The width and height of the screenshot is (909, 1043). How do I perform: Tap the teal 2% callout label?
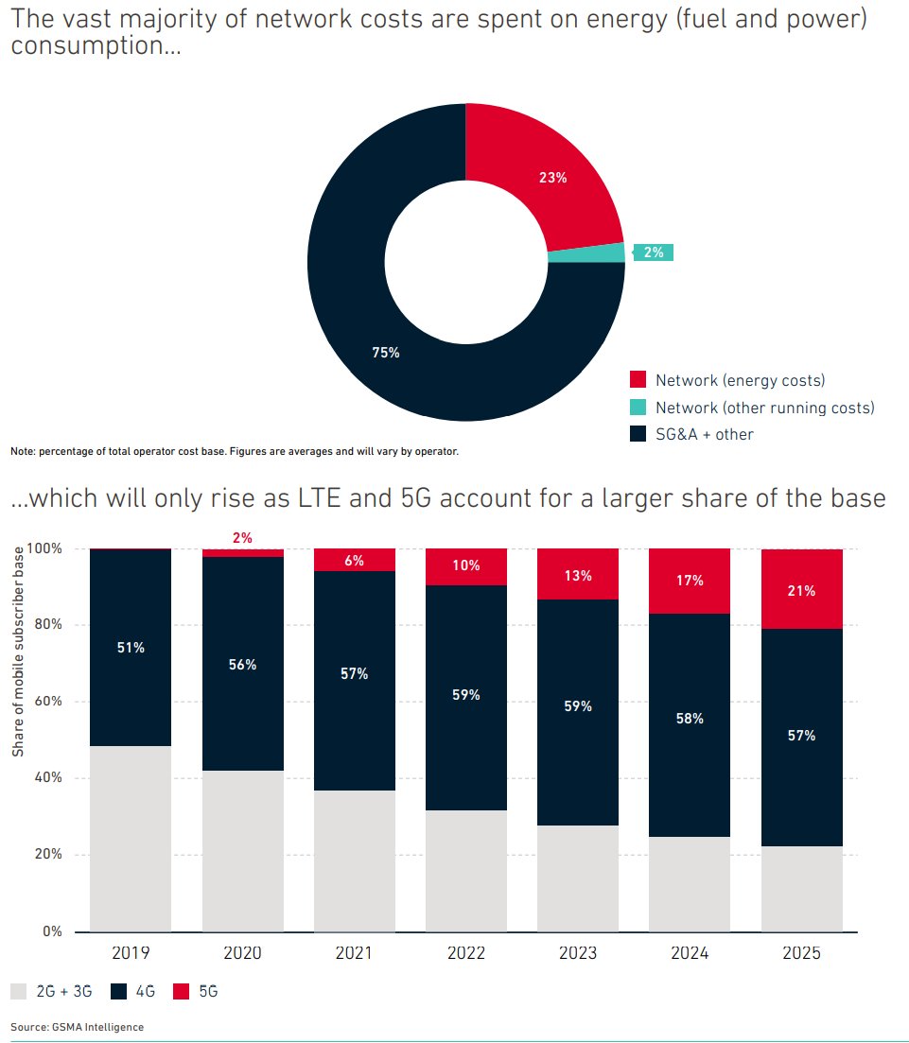coord(653,252)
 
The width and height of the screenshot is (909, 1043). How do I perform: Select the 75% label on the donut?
coord(386,353)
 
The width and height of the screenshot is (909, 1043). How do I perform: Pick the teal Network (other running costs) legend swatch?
coord(638,408)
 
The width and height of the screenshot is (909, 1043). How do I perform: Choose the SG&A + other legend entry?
coord(704,434)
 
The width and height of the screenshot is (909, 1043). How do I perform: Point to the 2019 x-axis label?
coord(130,953)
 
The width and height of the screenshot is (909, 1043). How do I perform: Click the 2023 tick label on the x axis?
coord(578,953)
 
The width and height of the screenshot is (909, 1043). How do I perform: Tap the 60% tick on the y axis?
coord(47,702)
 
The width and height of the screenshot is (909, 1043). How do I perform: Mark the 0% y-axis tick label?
coord(51,931)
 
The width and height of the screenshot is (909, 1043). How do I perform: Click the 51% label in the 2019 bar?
coord(131,648)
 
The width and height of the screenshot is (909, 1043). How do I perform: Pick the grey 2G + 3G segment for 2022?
coord(466,870)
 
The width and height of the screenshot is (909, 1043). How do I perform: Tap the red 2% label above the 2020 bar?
coord(242,537)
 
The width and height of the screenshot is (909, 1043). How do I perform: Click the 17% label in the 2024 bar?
coord(690,581)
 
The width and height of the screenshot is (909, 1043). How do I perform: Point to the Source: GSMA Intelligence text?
coord(78,1027)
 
